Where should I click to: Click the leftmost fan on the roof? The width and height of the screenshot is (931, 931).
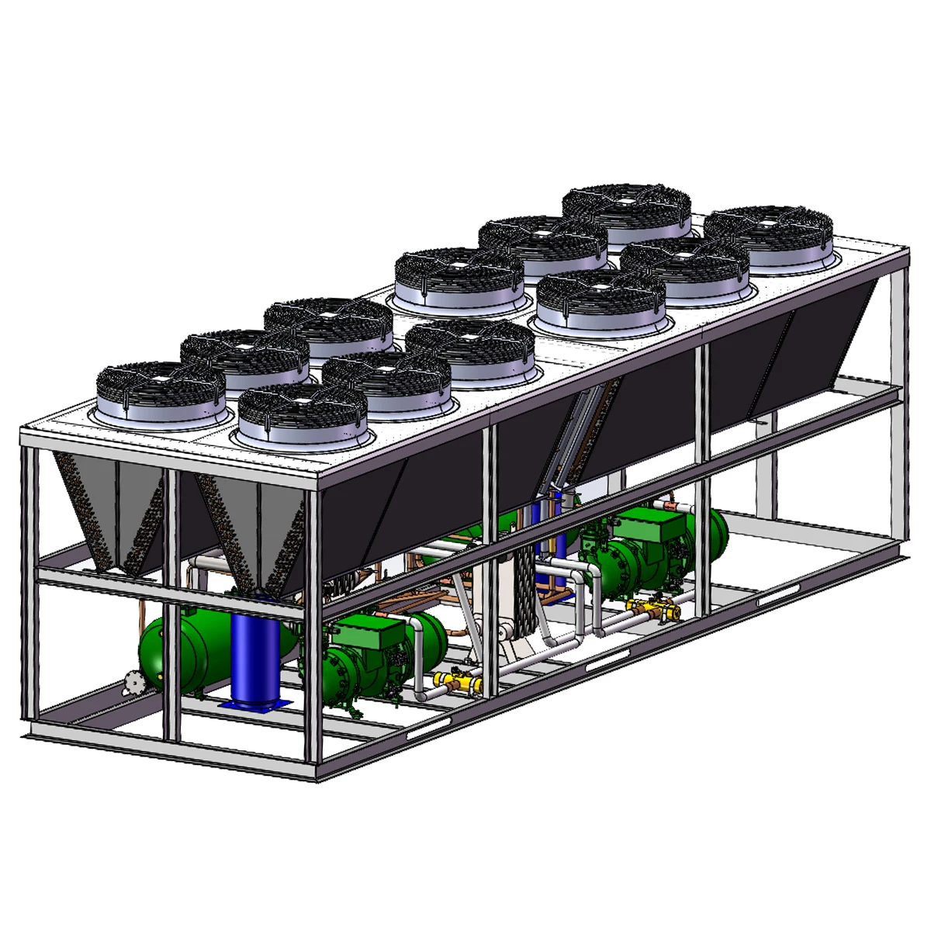click(x=161, y=390)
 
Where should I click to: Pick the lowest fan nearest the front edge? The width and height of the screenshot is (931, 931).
click(x=303, y=415)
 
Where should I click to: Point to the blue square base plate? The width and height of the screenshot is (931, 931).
click(x=256, y=704)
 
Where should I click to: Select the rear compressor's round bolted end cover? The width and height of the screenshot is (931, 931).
click(x=621, y=562)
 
